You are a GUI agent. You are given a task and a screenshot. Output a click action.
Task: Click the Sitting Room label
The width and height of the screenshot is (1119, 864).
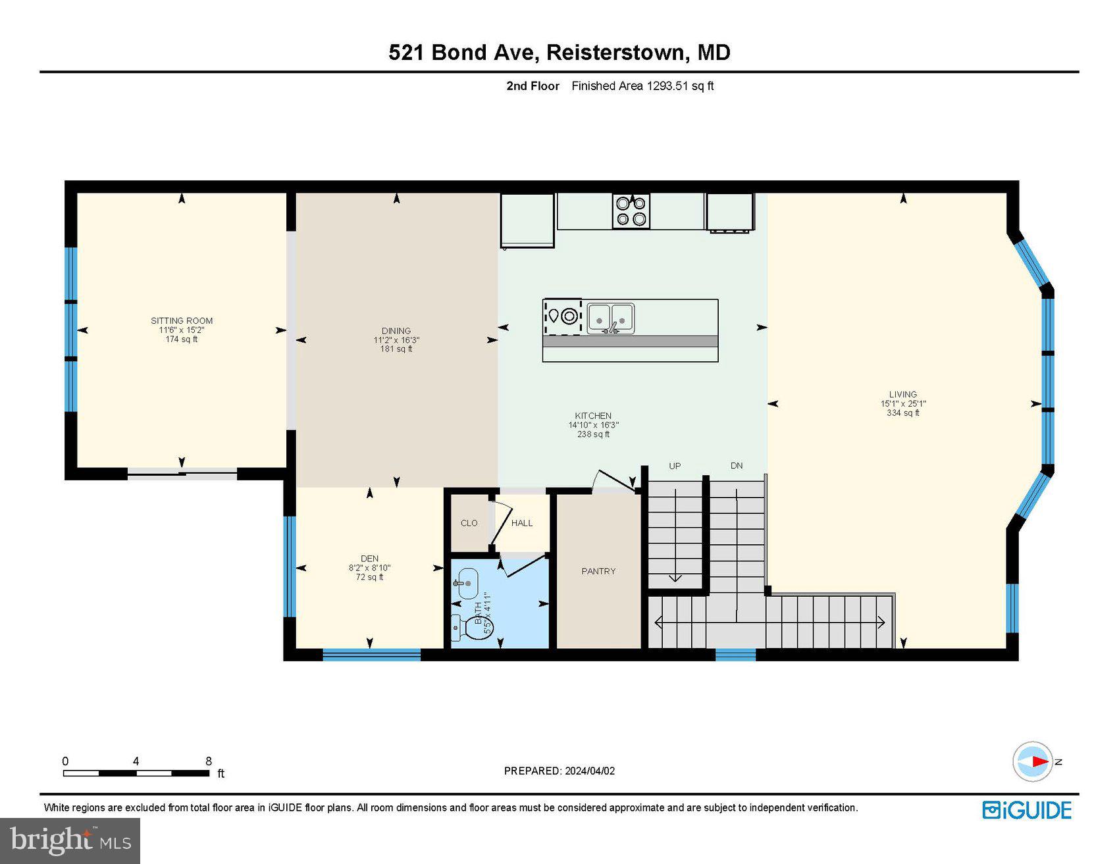click(x=182, y=321)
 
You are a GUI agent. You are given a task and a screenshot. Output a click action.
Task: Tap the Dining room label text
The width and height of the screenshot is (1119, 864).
click(x=396, y=331)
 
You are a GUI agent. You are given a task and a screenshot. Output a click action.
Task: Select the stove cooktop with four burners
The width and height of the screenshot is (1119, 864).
click(x=631, y=211)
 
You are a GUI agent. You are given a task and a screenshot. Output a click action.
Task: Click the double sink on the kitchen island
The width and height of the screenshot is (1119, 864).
click(x=611, y=318)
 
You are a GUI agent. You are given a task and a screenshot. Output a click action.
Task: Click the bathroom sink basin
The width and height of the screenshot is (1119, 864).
click(x=467, y=583)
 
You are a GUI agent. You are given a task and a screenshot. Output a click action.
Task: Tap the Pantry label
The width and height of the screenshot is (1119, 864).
click(x=598, y=571)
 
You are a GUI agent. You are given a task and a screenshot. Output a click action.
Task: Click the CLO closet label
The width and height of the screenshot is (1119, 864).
click(x=469, y=523)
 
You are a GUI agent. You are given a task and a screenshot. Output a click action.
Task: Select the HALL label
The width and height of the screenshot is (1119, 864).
click(x=522, y=523)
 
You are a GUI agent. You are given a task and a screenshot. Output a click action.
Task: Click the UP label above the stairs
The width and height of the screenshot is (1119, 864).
click(x=675, y=466)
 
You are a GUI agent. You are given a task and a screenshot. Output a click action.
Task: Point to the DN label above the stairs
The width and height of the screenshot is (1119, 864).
click(x=737, y=466)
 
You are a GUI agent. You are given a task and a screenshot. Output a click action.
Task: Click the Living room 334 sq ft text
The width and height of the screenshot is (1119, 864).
click(x=902, y=413)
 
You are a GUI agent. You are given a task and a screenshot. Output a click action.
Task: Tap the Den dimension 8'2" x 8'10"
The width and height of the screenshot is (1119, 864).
click(x=369, y=568)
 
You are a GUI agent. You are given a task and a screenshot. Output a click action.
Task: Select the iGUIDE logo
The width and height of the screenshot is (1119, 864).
click(x=1027, y=810)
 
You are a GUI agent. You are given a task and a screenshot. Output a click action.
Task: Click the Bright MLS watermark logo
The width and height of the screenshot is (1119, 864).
click(x=70, y=840)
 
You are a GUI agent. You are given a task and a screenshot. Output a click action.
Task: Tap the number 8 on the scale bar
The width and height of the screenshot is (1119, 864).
click(x=209, y=761)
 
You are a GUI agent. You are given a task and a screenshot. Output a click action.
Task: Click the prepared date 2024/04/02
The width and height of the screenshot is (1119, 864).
click(x=589, y=771)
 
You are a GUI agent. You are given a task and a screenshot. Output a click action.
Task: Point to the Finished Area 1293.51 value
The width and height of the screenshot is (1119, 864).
click(x=667, y=86)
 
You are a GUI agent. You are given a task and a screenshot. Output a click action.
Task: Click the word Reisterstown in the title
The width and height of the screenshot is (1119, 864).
click(x=615, y=53)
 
